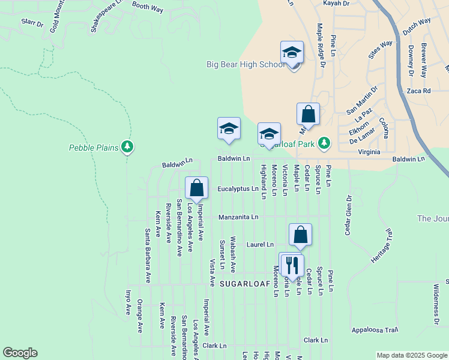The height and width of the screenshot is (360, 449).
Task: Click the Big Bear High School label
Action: click(x=246, y=64)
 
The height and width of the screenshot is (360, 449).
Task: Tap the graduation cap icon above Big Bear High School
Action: click(x=292, y=52)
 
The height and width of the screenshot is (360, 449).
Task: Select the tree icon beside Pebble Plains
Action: click(x=127, y=146)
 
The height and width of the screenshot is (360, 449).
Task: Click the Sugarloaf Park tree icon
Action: click(x=324, y=142)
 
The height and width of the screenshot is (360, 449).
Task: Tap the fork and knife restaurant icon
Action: click(x=292, y=263)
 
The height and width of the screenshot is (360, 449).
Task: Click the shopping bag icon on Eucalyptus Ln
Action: click(x=196, y=188)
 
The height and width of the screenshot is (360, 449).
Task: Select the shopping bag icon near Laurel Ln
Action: click(x=300, y=235)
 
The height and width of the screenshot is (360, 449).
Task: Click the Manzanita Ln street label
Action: click(x=238, y=217)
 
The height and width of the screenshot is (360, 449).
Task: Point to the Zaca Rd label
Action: click(x=419, y=91)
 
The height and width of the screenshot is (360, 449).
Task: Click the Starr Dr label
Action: click(x=32, y=23)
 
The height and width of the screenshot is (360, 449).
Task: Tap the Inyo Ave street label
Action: click(x=128, y=303)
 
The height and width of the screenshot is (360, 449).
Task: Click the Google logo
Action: click(x=20, y=353)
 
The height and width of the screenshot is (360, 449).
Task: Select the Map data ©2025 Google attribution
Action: click(x=411, y=355)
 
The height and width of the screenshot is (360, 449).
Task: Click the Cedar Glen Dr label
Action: click(x=348, y=215)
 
